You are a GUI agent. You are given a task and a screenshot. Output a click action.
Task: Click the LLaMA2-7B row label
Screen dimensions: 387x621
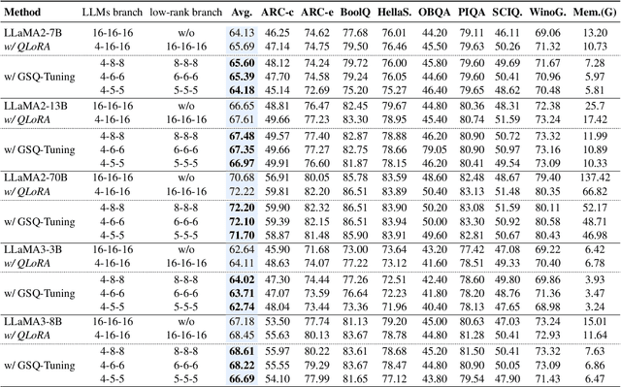(x=34, y=32)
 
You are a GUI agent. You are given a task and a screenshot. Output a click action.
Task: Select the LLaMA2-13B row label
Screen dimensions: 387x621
(x=36, y=105)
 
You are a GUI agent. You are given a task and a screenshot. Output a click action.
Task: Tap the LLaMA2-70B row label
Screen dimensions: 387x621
(x=36, y=177)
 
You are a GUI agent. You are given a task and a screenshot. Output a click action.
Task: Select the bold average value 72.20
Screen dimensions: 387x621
(x=243, y=208)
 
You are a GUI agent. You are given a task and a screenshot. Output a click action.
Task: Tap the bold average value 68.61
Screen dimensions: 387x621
(x=243, y=352)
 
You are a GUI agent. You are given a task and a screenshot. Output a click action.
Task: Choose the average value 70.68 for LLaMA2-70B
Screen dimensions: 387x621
(x=243, y=177)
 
